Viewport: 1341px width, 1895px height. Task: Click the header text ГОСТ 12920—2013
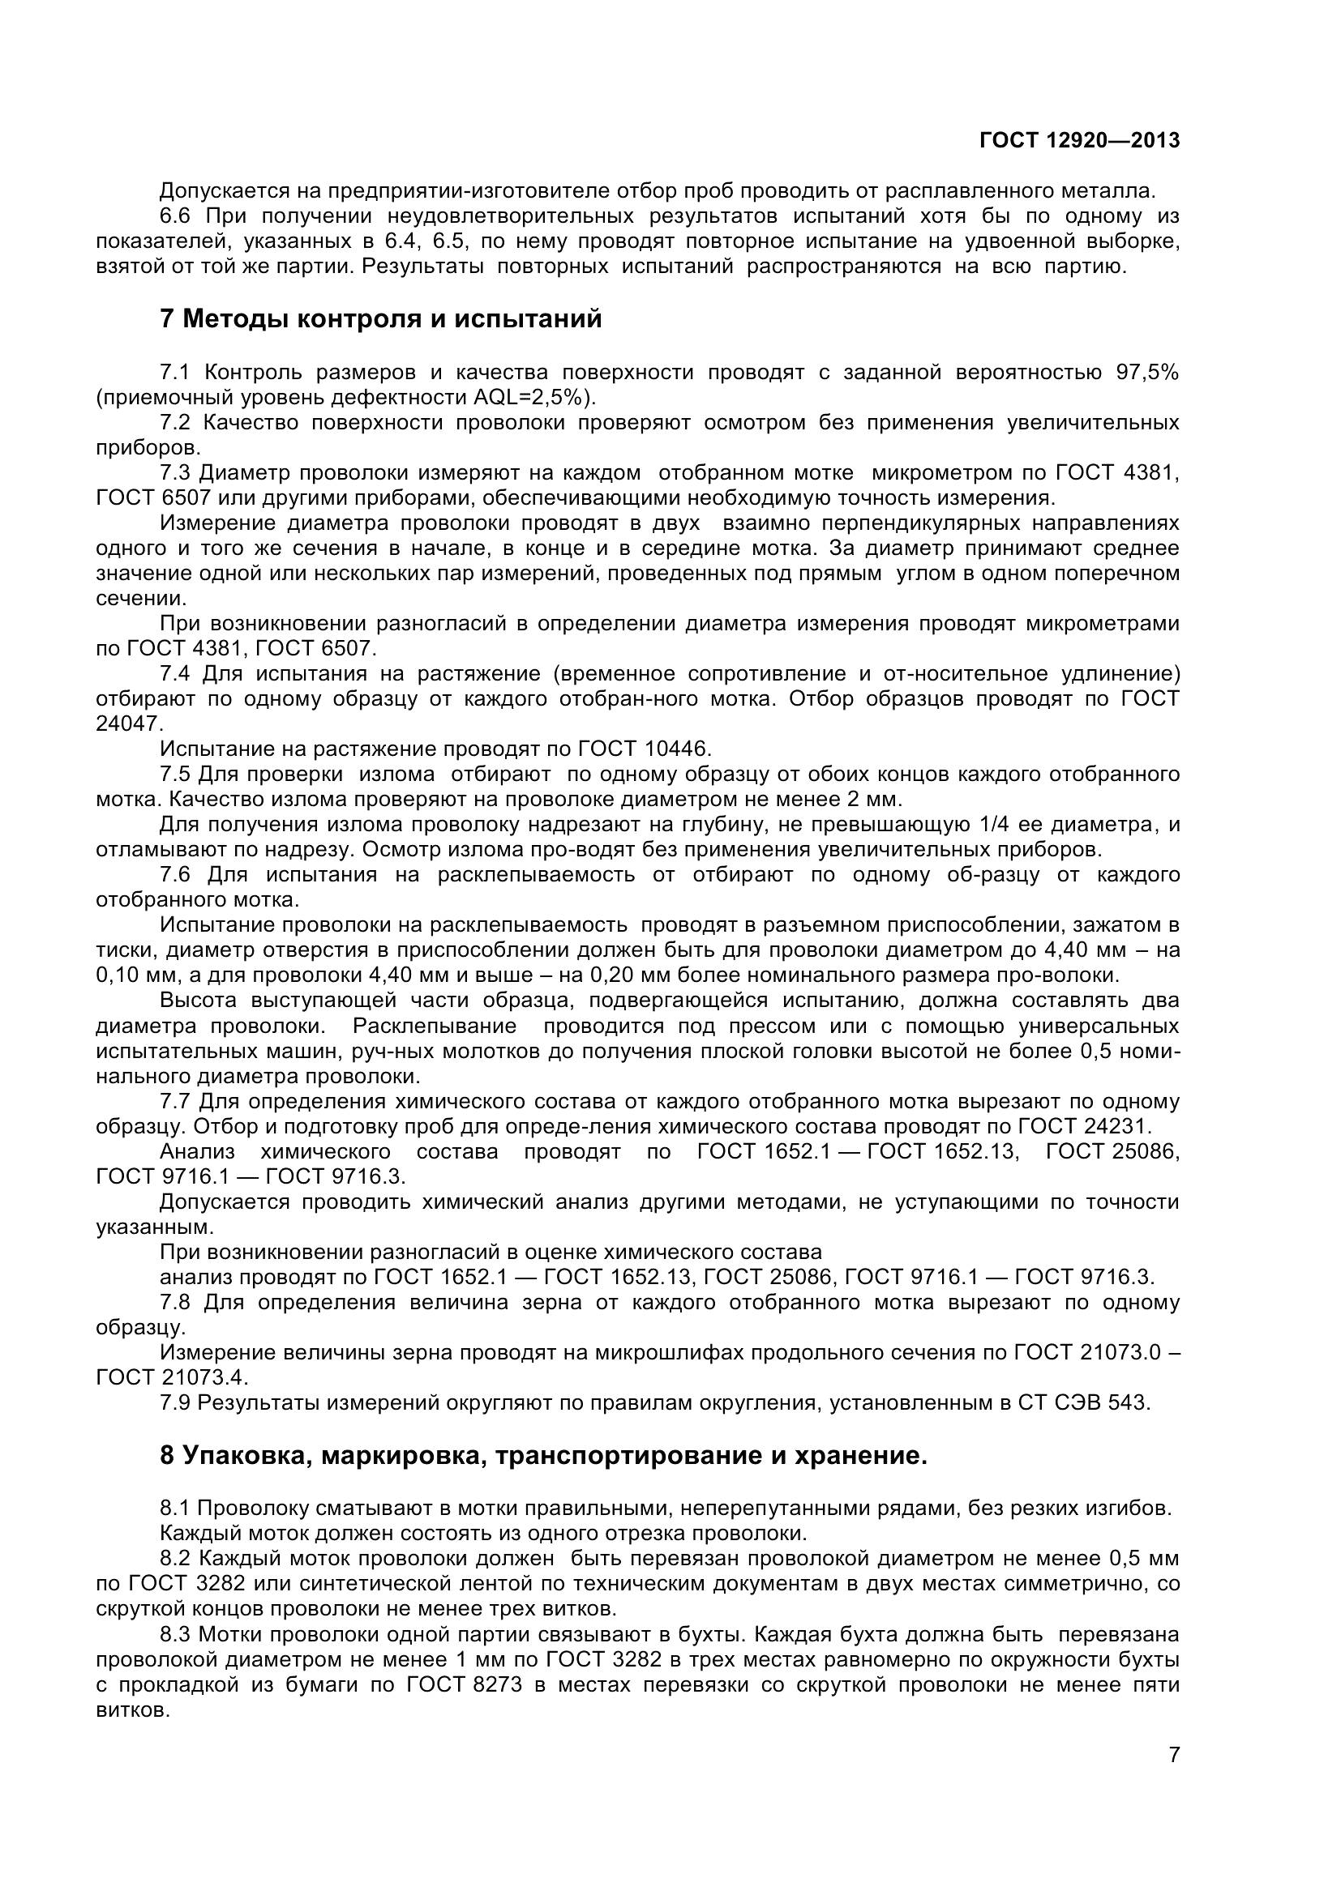click(1079, 140)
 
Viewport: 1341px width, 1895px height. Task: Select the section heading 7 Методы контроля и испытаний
click(381, 318)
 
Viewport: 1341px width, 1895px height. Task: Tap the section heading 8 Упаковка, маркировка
click(543, 1455)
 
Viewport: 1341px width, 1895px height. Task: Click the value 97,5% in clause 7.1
click(1148, 372)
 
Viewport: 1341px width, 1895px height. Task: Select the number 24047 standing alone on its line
click(130, 723)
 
